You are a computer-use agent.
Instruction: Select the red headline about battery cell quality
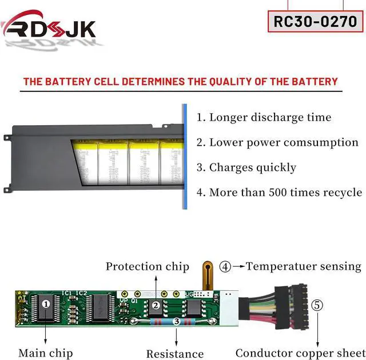click(181, 82)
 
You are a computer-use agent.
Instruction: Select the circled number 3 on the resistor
click(177, 322)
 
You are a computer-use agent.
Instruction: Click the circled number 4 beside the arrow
click(225, 266)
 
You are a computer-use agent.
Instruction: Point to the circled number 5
click(317, 305)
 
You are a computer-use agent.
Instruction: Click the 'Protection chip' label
click(147, 266)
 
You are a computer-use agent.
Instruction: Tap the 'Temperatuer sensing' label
click(304, 266)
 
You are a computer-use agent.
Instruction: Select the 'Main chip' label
click(45, 353)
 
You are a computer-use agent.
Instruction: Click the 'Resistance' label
click(175, 354)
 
